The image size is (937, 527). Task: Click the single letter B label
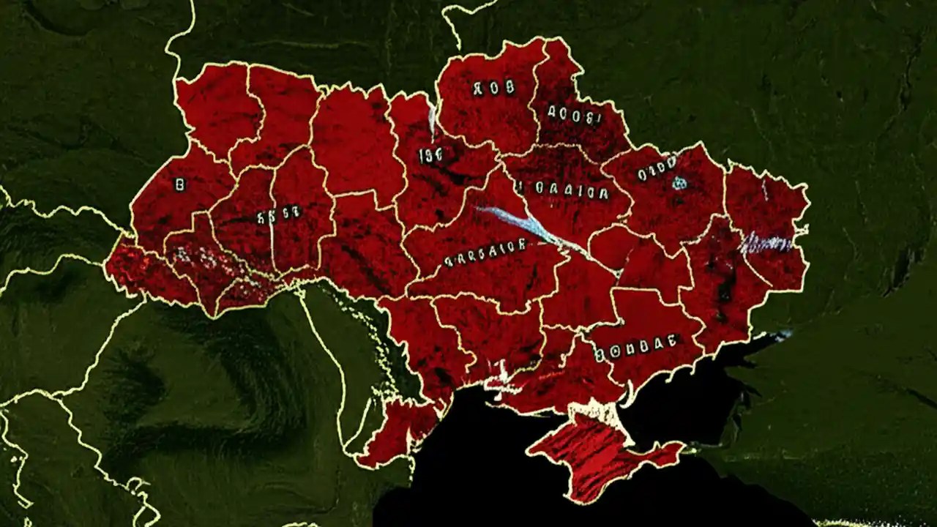coord(179,185)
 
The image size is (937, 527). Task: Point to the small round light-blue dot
coord(680,182)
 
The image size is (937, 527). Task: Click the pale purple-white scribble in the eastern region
coord(765,243)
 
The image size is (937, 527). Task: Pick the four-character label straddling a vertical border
coord(278,215)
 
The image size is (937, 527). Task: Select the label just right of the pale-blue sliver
coord(430,154)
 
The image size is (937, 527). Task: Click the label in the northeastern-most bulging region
coord(575,114)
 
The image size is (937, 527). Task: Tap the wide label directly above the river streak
coord(561,189)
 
